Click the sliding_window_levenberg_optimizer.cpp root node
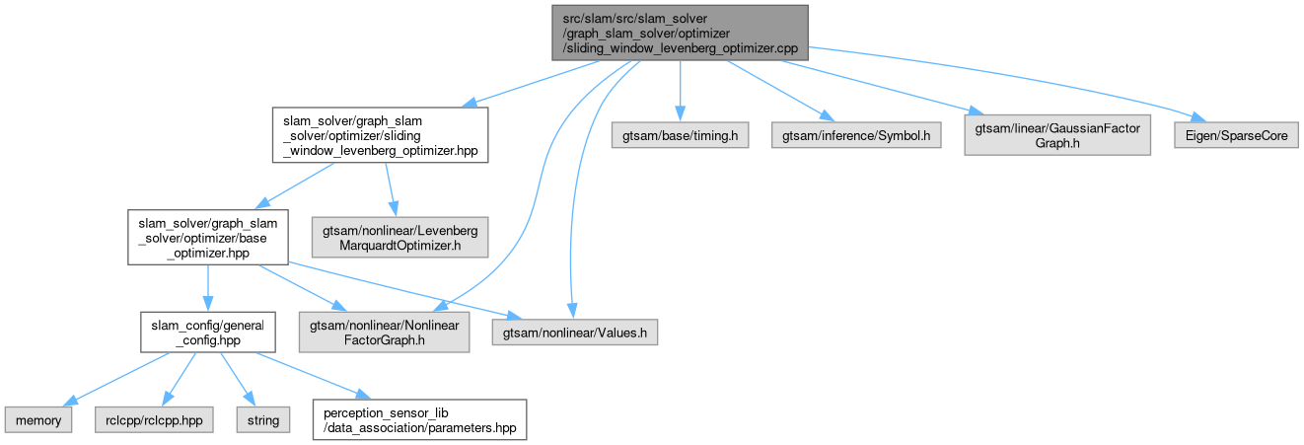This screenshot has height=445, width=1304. click(x=680, y=32)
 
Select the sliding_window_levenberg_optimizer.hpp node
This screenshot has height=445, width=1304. click(x=380, y=134)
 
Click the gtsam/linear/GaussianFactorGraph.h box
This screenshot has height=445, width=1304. click(x=1057, y=134)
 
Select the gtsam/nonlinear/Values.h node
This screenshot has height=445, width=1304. click(x=576, y=333)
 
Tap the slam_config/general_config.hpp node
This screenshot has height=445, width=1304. click(x=206, y=333)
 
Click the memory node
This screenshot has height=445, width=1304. click(x=36, y=420)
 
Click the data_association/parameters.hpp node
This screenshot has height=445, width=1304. click(x=418, y=420)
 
